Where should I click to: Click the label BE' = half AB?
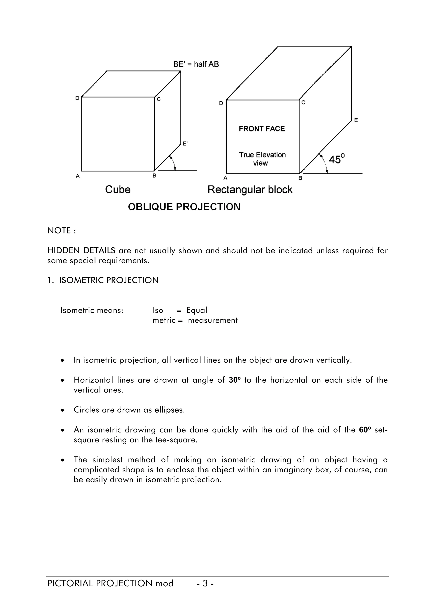[x=196, y=64]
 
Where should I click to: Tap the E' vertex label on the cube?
[x=185, y=144]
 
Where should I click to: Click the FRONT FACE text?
[x=262, y=129]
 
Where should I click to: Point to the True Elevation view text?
[x=262, y=159]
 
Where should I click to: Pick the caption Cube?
[x=118, y=190]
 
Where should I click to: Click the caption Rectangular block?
[x=250, y=190]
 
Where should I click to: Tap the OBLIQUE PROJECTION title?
[x=184, y=207]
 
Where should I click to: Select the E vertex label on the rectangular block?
[x=356, y=120]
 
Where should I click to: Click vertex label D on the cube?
[x=77, y=98]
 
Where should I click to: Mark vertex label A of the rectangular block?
[x=225, y=178]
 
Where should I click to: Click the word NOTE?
[x=59, y=231]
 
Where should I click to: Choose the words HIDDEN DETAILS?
[x=81, y=250]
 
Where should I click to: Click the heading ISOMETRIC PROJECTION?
[x=109, y=280]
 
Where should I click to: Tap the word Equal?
[x=197, y=310]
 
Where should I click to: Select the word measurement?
[x=213, y=320]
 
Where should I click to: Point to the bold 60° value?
[x=365, y=430]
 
